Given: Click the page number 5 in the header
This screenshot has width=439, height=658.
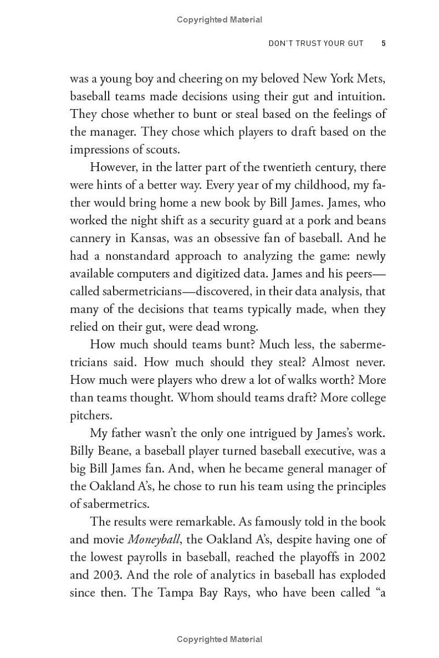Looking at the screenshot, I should click(384, 43).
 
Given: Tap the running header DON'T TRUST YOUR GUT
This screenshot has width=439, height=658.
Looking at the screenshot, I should click(316, 43).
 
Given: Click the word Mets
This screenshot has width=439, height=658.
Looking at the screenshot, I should click(371, 78).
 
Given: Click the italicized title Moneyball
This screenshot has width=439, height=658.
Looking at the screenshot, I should click(154, 540).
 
